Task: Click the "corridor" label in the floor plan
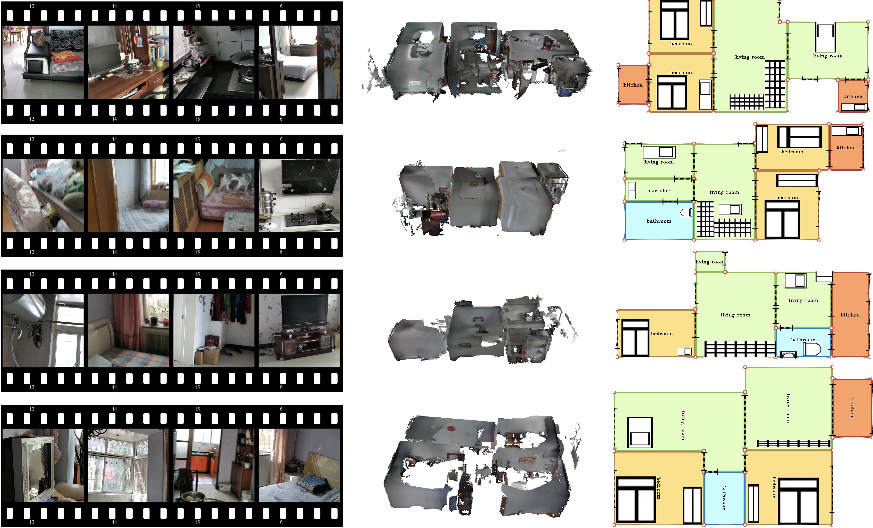pos(659,191)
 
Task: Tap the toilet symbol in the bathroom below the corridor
pos(686,212)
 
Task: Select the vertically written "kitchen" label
pos(852,407)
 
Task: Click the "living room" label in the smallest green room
pos(710,262)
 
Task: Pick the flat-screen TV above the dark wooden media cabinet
pos(305,311)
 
